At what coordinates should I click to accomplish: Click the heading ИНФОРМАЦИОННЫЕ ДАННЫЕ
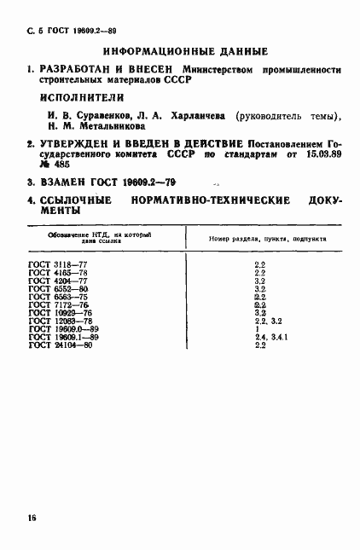coord(184,51)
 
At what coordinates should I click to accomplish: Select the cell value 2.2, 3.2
coord(262,320)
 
